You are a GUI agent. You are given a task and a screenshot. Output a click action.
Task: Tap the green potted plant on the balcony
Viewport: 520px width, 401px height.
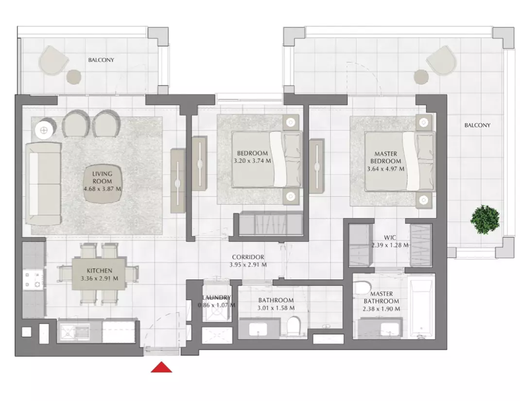point(485,219)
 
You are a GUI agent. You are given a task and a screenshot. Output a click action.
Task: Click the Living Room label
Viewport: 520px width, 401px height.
point(102,177)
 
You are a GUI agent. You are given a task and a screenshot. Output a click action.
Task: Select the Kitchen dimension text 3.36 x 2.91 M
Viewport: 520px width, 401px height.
point(100,278)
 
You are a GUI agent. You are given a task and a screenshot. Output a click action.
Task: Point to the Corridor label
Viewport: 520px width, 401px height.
point(248,257)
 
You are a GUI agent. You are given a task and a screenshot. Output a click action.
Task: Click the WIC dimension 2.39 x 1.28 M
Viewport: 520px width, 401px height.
point(390,245)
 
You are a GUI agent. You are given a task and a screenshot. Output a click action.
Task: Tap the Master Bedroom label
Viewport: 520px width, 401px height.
point(386,157)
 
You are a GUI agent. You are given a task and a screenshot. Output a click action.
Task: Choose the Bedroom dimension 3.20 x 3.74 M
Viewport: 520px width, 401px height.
point(252,161)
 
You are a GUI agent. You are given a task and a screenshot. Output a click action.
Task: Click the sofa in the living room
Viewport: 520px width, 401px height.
point(44,183)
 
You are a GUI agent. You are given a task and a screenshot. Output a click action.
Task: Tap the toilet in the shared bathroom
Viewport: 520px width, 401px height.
point(294,325)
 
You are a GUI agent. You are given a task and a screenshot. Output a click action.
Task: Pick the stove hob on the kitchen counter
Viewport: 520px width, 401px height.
point(34,280)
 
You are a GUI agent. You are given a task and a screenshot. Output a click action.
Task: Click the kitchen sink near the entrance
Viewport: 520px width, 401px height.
point(75,330)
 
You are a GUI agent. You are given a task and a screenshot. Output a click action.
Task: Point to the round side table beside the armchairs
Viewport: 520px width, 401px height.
point(44,130)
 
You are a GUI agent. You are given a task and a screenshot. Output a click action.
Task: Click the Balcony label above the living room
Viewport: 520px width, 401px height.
point(101,60)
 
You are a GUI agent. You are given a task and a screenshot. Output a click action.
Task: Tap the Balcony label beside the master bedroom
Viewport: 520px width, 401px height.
point(477,125)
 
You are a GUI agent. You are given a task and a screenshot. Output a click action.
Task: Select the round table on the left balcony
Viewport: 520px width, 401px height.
point(73,77)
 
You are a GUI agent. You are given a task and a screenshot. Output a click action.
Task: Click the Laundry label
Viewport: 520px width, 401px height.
point(217,297)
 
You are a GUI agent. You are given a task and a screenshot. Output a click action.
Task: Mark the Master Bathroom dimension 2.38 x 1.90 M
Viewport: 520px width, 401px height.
point(381,309)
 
